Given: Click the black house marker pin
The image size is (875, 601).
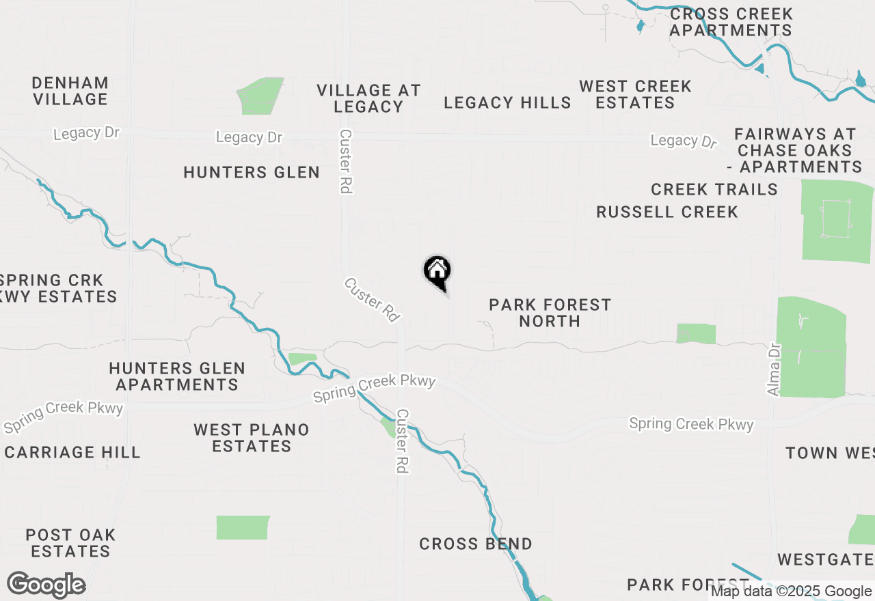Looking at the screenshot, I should coord(437,272).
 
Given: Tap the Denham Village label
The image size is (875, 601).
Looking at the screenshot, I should coord(70,91).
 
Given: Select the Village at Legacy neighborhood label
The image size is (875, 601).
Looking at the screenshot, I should coord(368,98).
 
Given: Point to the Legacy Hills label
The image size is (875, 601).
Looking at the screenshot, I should coord(507,102).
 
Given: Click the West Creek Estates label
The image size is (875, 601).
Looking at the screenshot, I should coord(635,94).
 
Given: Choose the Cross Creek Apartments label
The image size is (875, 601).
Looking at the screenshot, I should coord(731,22).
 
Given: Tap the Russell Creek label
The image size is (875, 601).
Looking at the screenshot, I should coord(667,212).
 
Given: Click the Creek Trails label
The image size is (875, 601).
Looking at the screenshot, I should coord(714,189).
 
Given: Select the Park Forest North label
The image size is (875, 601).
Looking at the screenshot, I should coord(550,313).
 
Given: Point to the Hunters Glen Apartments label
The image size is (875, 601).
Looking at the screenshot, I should coord(177,376).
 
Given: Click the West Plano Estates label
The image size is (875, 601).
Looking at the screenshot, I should coord(252,438).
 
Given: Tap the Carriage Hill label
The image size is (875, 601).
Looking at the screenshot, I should coord(72,452).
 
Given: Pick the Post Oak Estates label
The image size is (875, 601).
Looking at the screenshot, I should coord(70,543).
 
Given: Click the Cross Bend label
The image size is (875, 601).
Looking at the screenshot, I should coord(476,544).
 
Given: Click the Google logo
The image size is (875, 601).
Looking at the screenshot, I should coord(46,585).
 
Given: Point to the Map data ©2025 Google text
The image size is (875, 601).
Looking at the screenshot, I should coord(791,591).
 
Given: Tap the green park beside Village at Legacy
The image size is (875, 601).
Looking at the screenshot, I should coord(260,96).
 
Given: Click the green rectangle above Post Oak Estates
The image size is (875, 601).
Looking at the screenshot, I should coord(243,527).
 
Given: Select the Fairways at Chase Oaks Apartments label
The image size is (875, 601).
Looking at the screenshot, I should coord(795,150).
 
